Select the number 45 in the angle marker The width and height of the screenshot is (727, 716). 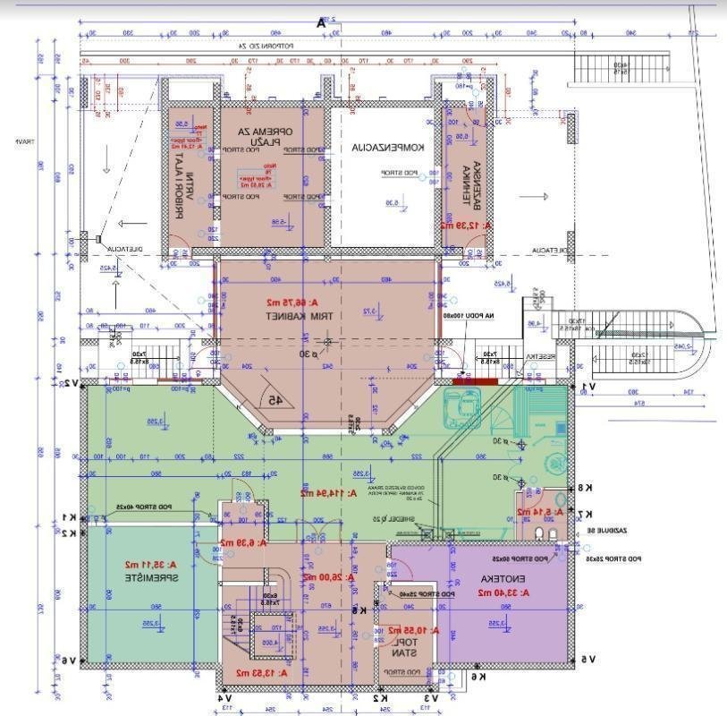click(275, 400)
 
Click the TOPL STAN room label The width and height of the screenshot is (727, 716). click(407, 647)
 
